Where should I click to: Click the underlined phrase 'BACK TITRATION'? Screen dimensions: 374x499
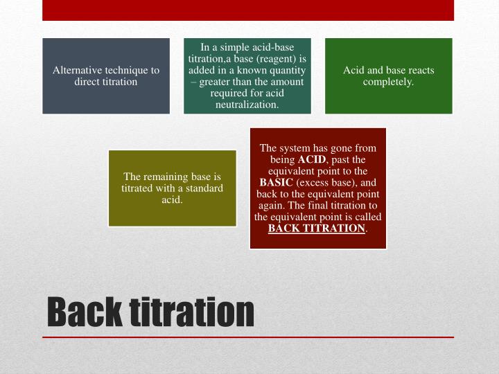[x=316, y=228]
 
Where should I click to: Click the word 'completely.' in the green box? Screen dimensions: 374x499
[x=388, y=82]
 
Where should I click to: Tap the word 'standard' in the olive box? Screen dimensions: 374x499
[x=203, y=188]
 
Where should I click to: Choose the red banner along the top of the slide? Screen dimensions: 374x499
[x=248, y=10]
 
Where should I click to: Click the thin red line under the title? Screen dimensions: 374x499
[x=248, y=337]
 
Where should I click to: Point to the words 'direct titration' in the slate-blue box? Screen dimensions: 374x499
[x=106, y=82]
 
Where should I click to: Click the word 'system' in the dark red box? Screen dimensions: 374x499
[x=297, y=148]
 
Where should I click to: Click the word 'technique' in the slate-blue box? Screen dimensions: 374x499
[x=127, y=71]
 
